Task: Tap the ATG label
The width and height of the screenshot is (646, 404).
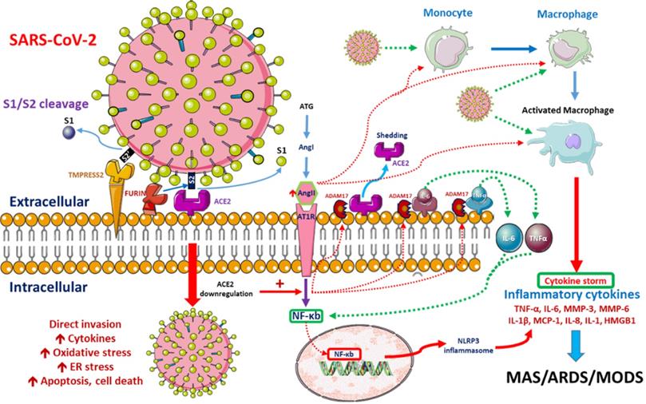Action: tap(306, 105)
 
